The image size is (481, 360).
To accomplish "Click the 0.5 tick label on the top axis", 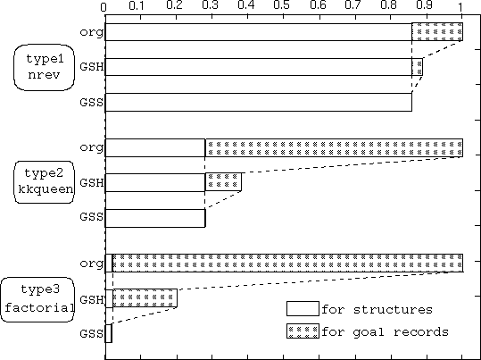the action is point(282,6).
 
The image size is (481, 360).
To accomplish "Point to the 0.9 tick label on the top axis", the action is point(425,6).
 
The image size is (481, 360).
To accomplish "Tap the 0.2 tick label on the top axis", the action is point(175,6).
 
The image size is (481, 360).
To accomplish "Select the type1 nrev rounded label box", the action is point(45,67).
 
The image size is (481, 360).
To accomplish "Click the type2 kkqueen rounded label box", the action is point(45,182).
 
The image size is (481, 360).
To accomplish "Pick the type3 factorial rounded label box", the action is point(37,299).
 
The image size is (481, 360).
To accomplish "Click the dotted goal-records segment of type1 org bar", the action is point(437,31).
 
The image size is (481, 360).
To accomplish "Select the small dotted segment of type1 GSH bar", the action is point(418,67).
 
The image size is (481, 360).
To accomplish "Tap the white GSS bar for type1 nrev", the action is point(258,103).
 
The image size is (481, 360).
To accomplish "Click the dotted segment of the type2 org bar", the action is point(334,147).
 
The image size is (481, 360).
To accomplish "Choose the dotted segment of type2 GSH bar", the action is point(223,182).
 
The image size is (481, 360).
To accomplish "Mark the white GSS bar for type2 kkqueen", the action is point(155,218).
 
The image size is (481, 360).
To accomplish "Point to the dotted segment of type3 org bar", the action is point(287,263).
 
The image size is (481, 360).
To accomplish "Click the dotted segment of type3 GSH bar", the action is point(145,298).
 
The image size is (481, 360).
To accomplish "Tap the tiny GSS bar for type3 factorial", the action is point(108,333).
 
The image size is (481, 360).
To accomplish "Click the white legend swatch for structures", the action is point(303,309).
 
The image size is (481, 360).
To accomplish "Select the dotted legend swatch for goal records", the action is point(303,331).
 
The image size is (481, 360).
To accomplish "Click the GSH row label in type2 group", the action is point(92,182).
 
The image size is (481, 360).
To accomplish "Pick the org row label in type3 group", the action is point(91,264).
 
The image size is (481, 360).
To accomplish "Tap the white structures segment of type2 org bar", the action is point(155,147).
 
